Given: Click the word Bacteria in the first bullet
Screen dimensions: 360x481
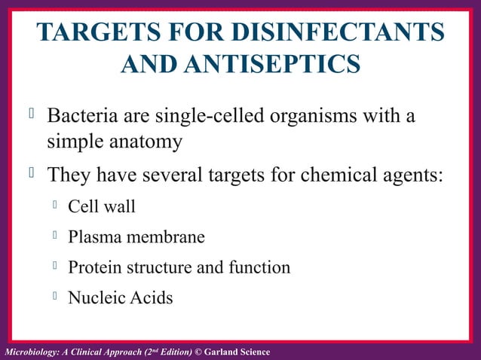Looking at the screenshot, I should point(83,118).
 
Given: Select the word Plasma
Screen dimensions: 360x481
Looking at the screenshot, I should point(91,237).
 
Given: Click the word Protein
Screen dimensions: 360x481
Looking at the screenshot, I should point(93,267).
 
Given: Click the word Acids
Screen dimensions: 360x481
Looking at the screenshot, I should point(150,297).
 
